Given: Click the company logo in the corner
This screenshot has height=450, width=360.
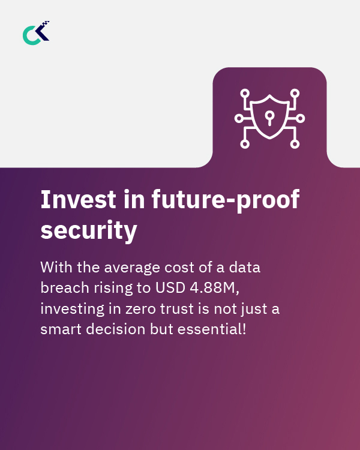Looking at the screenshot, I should [x=36, y=33].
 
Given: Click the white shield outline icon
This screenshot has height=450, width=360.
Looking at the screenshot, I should [x=269, y=118].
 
